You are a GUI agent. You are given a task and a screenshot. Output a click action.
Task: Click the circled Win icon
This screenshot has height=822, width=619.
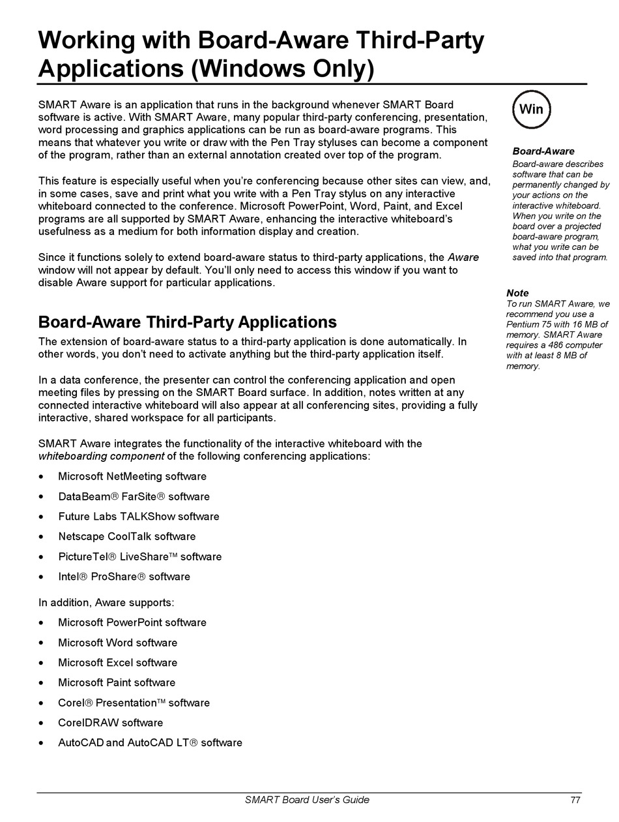point(532,110)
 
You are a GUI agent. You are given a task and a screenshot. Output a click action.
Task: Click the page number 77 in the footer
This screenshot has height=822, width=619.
point(575,800)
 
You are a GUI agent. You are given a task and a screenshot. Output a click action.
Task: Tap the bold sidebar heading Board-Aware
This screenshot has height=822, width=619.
point(543,151)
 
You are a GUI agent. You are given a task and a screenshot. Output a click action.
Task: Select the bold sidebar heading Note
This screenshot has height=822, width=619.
point(517,293)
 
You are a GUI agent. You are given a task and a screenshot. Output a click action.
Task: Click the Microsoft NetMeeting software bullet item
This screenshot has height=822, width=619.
point(132,477)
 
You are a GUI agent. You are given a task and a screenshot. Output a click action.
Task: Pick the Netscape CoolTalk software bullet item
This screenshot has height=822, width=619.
point(127,537)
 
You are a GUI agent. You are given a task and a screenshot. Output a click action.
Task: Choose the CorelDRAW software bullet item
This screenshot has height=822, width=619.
point(111,723)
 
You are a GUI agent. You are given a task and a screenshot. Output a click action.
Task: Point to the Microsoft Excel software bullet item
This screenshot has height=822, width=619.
point(118,663)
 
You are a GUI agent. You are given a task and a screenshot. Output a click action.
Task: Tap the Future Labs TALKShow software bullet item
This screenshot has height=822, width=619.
point(139,517)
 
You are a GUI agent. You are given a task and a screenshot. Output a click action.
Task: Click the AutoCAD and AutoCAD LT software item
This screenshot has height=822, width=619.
point(150,743)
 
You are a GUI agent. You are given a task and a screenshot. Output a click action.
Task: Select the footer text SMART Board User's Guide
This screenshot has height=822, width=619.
point(307,800)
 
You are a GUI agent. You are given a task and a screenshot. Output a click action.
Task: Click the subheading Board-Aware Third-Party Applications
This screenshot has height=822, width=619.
point(188,322)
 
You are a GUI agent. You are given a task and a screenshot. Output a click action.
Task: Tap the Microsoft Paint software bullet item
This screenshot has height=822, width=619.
point(117,683)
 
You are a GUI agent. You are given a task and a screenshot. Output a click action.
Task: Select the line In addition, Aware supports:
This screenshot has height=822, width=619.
point(106,603)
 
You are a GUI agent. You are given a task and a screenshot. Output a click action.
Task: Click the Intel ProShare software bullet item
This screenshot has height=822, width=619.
point(124,577)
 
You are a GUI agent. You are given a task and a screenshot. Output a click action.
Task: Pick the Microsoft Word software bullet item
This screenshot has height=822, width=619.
point(118,643)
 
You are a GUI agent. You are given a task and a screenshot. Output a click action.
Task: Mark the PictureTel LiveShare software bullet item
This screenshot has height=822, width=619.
point(140,557)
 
